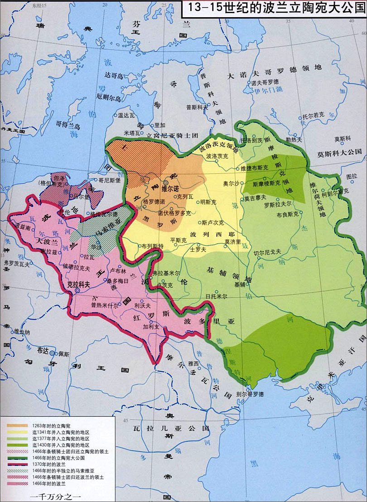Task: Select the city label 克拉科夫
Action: pos(78,285)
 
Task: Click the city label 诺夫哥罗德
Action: pos(265,82)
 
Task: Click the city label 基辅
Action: pos(240,285)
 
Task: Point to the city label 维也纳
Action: pos(22,332)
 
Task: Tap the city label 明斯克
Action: pos(208,202)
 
